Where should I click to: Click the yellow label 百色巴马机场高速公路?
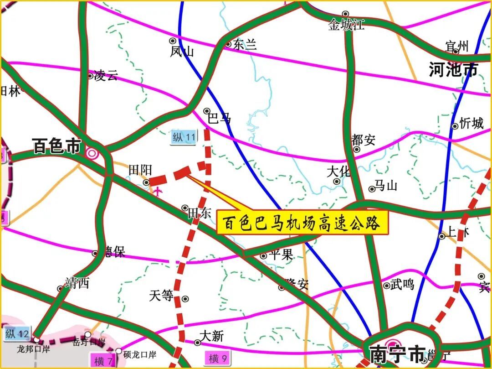tap(302, 223)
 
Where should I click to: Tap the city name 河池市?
tap(453, 70)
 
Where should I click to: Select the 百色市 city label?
tap(56, 147)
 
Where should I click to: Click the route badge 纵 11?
tap(184, 137)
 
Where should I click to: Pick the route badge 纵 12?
tap(17, 334)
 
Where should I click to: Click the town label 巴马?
tap(219, 119)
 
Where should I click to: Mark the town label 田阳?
tap(140, 170)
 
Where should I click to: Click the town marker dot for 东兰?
tap(228, 44)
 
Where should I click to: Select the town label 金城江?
tap(346, 25)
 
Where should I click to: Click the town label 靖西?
tap(77, 283)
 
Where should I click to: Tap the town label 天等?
tap(161, 296)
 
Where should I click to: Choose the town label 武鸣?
tap(402, 284)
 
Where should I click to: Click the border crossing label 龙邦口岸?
tap(33, 349)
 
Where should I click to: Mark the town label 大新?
tap(212, 337)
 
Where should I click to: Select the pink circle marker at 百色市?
tap(92, 153)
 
